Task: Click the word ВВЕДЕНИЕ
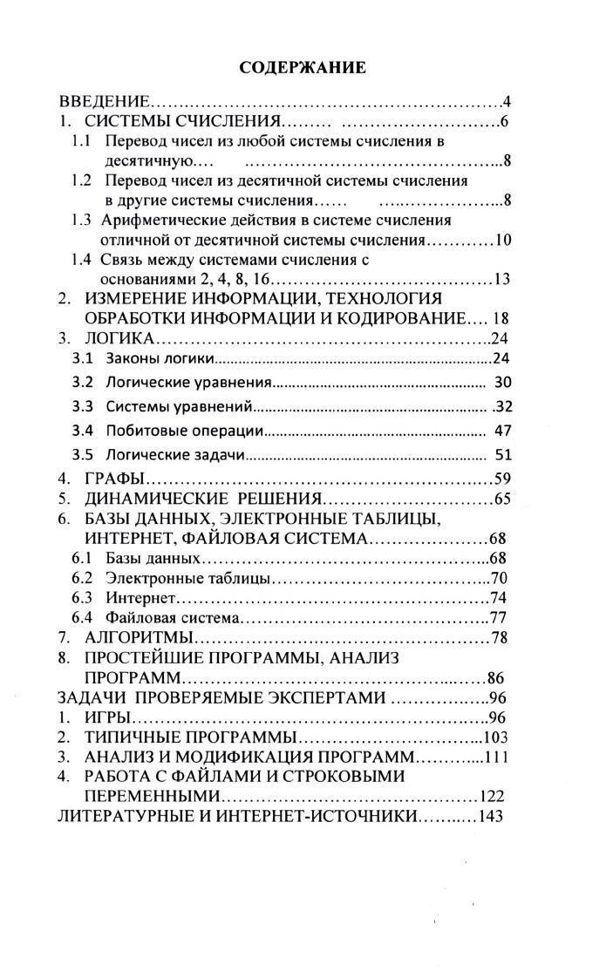[x=105, y=101]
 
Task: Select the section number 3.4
[x=82, y=431]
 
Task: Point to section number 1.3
[x=82, y=220]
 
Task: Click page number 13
[x=501, y=280]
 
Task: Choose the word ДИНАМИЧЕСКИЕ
[x=153, y=500]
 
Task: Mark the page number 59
[x=501, y=479]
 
